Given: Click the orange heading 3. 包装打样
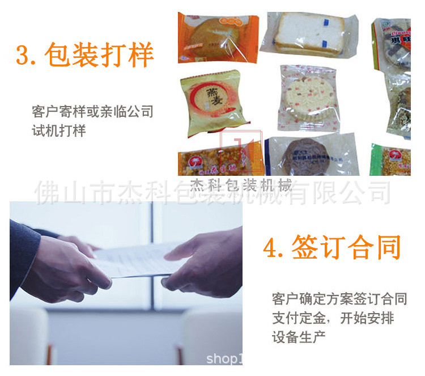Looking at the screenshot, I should pyautogui.click(x=84, y=56).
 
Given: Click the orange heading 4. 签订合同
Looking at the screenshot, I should pyautogui.click(x=332, y=248).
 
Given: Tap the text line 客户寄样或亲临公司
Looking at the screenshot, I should pyautogui.click(x=92, y=111).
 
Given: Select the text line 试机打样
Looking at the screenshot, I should pyautogui.click(x=58, y=131).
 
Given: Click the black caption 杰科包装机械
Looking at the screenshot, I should pyautogui.click(x=241, y=185).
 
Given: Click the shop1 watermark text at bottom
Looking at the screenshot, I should pyautogui.click(x=224, y=359).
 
